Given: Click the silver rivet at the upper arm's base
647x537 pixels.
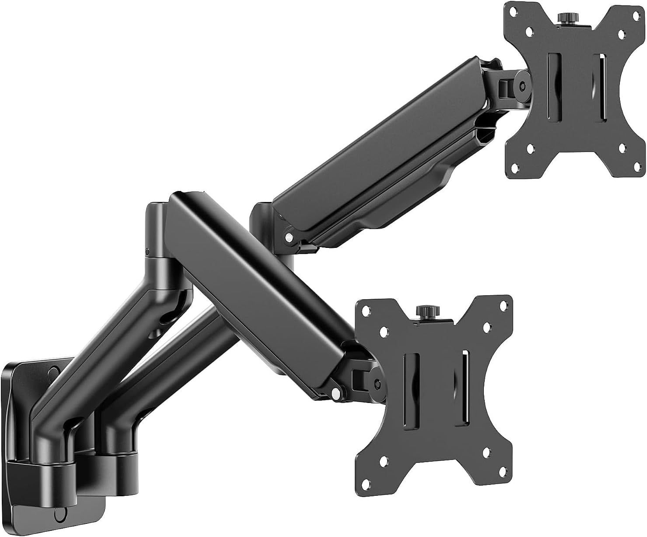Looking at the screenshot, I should (x=289, y=237).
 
